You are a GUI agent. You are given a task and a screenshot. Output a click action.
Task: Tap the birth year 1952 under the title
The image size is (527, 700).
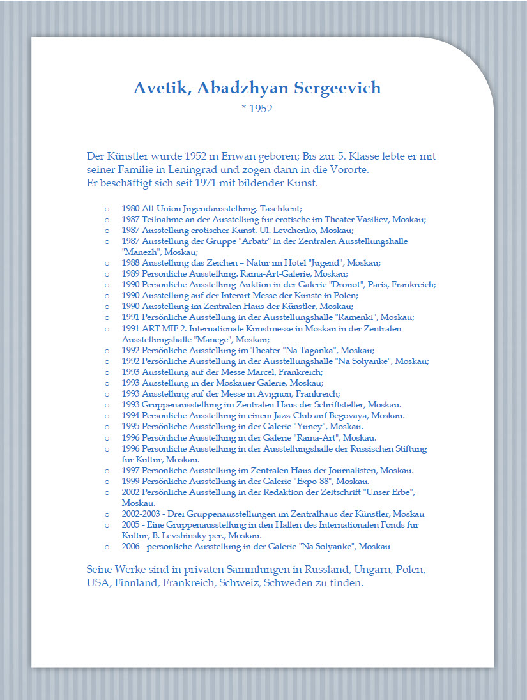point(261,109)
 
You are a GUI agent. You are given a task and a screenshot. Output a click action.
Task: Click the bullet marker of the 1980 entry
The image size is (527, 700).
point(106,209)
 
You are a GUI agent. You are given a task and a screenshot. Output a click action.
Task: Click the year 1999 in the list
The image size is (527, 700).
point(130,481)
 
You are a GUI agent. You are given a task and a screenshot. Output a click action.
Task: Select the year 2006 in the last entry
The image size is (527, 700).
point(130,547)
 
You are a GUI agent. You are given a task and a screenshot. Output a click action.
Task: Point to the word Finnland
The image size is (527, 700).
point(136,583)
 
